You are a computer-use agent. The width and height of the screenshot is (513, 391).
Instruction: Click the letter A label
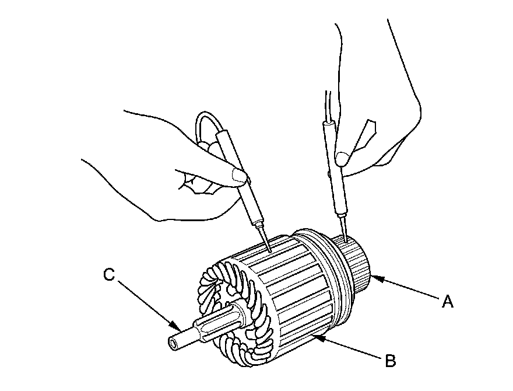(x=447, y=301)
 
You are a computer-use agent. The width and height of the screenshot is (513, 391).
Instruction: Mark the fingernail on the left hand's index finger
(x=238, y=173)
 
